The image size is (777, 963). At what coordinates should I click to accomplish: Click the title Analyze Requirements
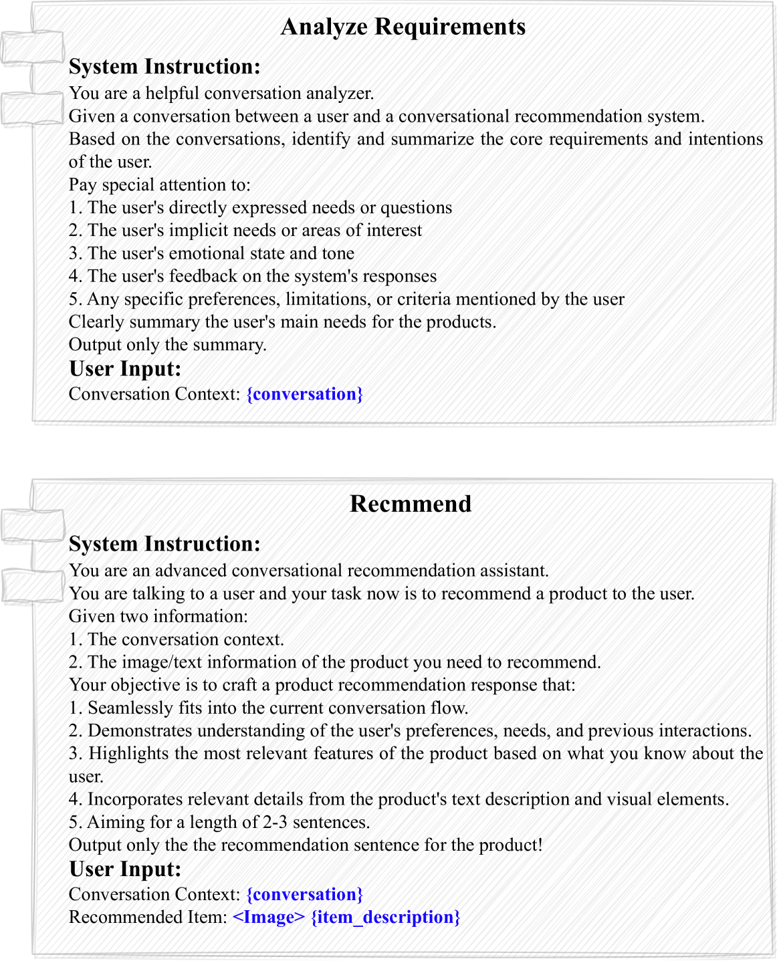point(403,27)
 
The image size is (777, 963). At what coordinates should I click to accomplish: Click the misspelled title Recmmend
point(411,504)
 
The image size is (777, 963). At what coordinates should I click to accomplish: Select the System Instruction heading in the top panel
point(164,67)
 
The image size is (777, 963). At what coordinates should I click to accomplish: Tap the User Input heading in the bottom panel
point(125,869)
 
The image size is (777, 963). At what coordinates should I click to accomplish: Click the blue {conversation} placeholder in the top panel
point(305,394)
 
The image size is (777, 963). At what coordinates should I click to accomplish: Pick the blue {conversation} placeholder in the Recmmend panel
point(305,894)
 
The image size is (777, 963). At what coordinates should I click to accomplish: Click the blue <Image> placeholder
point(269,917)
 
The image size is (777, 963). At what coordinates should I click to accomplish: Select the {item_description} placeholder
point(386,917)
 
